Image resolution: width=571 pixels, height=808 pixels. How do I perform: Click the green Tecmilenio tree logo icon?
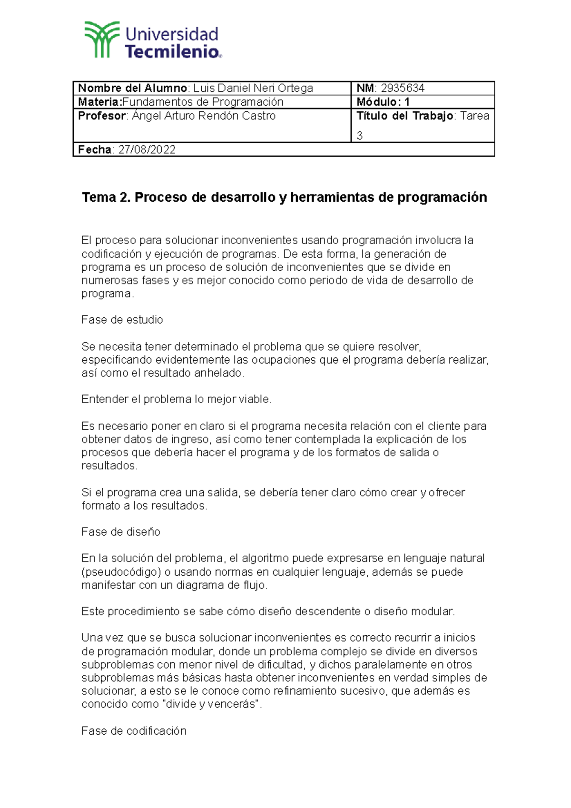102,40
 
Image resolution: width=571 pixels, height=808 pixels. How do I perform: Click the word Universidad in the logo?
172,34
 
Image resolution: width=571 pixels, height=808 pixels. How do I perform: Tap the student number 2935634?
403,88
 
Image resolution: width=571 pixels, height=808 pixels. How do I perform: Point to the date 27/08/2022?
147,150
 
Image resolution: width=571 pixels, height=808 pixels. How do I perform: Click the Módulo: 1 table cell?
383,102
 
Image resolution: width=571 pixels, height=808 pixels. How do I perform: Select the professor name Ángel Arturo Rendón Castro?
204,116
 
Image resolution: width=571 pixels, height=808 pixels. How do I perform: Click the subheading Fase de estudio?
122,320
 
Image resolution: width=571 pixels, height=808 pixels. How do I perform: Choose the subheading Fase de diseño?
121,532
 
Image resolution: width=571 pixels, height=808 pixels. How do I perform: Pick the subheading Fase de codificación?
134,731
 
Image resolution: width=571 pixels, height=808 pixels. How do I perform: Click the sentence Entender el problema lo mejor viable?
177,399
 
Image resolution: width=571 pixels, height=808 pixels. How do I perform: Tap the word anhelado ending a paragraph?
219,373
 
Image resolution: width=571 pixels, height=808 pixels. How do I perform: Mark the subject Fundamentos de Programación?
203,102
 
